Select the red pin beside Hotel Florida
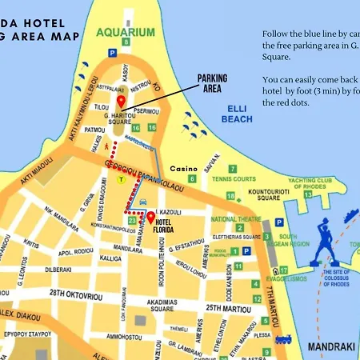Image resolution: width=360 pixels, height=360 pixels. click(x=150, y=218)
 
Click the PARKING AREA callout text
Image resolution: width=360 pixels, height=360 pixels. click(x=212, y=83)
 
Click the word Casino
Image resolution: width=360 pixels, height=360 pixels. click(x=184, y=169)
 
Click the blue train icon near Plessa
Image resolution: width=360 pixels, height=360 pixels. click(x=282, y=338)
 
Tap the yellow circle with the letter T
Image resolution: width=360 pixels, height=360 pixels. click(x=121, y=180)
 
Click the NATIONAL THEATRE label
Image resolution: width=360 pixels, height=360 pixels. click(x=235, y=218)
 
